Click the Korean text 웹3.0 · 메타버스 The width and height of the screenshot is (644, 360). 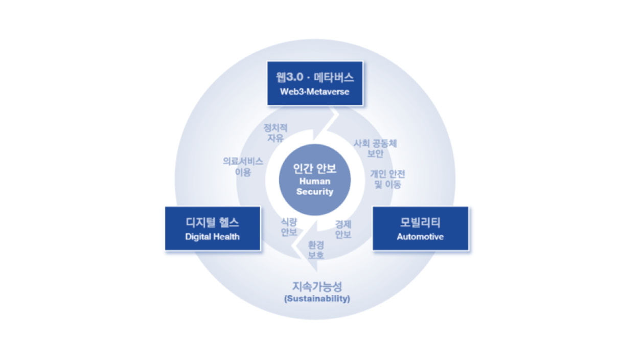(x=314, y=78)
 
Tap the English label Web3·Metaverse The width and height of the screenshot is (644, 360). (x=314, y=92)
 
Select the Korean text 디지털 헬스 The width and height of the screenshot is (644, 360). (x=212, y=223)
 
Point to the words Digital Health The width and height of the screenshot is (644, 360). (x=212, y=237)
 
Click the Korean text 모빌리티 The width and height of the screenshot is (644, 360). (x=420, y=223)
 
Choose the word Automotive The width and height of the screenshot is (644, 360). (x=420, y=237)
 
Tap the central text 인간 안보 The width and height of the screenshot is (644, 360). (x=314, y=169)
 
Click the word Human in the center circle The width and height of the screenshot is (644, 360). (x=314, y=181)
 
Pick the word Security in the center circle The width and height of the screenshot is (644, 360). (x=314, y=192)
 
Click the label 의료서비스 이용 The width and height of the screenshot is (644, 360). (x=243, y=167)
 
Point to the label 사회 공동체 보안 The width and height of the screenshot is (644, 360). (x=375, y=148)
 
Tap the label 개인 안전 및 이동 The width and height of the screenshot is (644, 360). (x=387, y=179)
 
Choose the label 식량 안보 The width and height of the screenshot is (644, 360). (x=289, y=228)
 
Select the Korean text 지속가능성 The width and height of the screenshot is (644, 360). (x=317, y=286)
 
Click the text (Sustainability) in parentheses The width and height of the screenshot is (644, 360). (x=317, y=299)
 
